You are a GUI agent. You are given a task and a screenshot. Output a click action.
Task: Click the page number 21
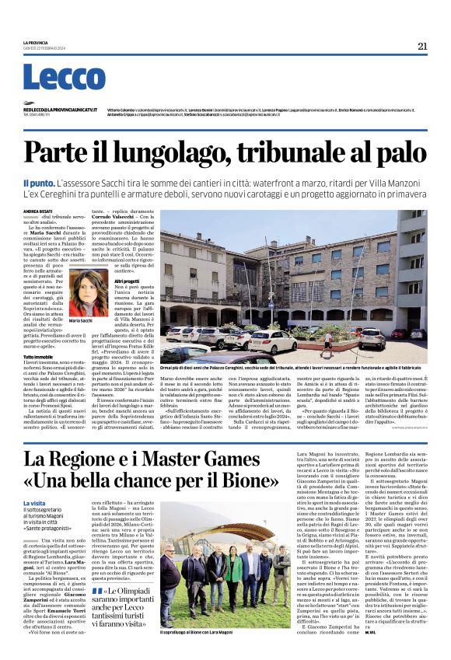point(421,46)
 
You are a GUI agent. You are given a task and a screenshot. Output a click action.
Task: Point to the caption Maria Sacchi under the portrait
point(82,320)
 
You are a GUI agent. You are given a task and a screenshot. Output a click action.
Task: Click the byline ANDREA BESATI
point(36,210)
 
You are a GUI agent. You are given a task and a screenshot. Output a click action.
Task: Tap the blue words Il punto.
point(39,180)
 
